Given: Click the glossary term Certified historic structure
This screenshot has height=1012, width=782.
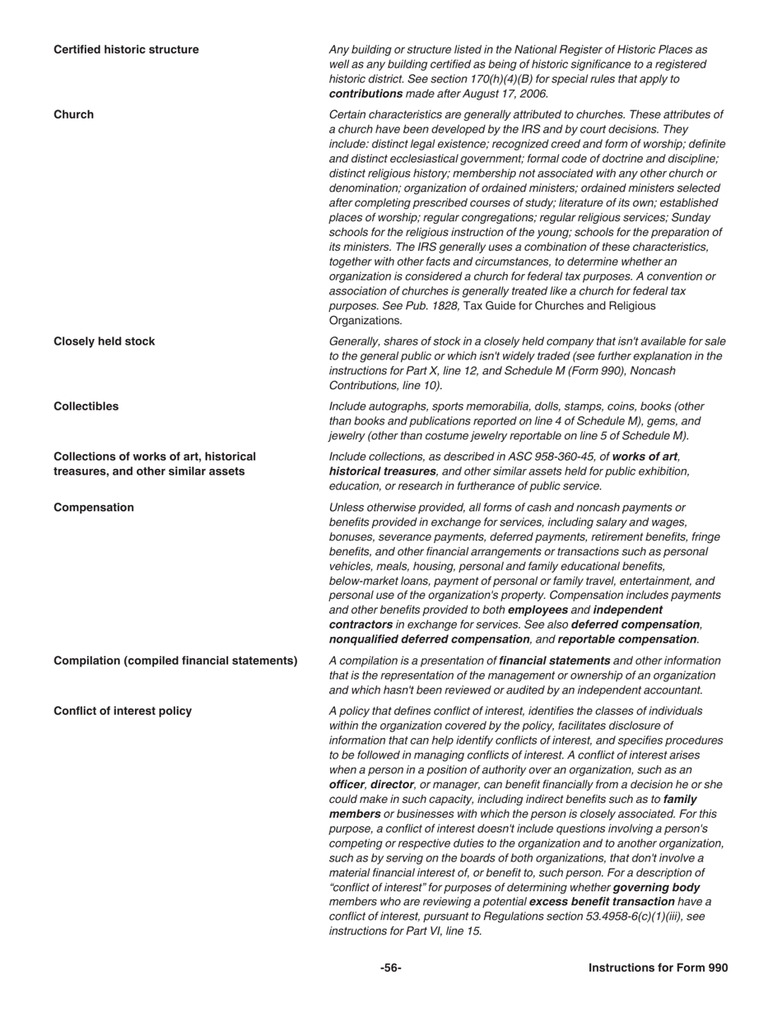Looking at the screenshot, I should pos(126,49).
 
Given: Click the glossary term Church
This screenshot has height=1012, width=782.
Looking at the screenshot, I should pos(73,114).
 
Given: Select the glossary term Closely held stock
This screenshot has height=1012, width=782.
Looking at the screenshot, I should pos(104,341).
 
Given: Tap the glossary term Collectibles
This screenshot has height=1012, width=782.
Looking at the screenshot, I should pos(86,406).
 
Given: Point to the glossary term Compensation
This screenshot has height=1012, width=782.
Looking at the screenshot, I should pos(93,508).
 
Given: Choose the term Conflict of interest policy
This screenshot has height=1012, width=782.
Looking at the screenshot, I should pos(123,711).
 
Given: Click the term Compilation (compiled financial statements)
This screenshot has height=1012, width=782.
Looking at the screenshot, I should pos(175,661).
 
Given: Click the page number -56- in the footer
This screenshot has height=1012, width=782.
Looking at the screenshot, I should pos(390,968).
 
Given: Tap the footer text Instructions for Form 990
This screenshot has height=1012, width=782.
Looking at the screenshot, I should pos(658,968).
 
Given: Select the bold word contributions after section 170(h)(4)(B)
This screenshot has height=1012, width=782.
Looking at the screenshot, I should pos(365,94).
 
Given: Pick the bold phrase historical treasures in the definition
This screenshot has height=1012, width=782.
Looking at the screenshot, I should pos(382,471).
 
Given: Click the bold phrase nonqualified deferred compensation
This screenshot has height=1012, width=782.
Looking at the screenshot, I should pos(429,639).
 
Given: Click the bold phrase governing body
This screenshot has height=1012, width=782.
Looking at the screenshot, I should pos(656,887).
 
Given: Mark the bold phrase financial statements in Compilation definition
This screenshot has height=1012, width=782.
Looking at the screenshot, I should pos(555,661).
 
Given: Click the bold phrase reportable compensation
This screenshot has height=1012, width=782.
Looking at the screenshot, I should pos(626,639).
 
